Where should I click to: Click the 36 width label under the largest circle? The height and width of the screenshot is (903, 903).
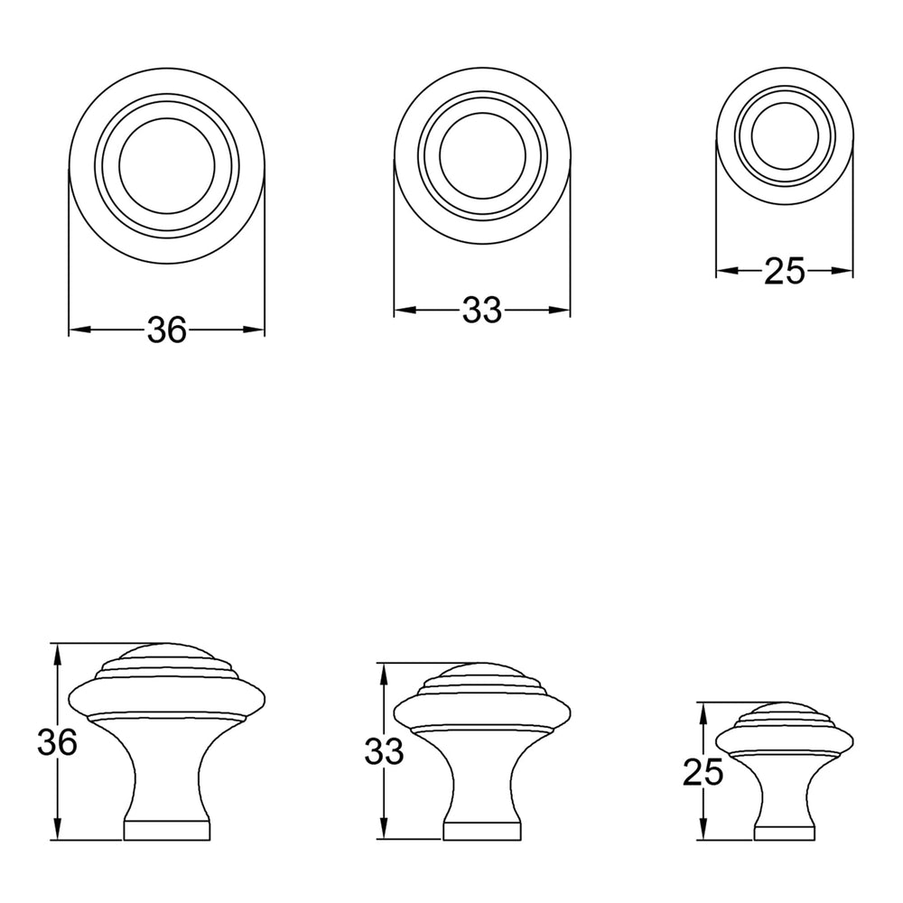pyautogui.click(x=167, y=330)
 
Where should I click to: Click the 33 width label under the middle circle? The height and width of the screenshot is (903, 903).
pyautogui.click(x=482, y=311)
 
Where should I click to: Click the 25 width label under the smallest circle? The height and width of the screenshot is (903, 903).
pyautogui.click(x=785, y=271)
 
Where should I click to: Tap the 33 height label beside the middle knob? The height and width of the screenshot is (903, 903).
pyautogui.click(x=384, y=751)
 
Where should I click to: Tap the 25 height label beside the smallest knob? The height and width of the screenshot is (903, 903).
pyautogui.click(x=703, y=772)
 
